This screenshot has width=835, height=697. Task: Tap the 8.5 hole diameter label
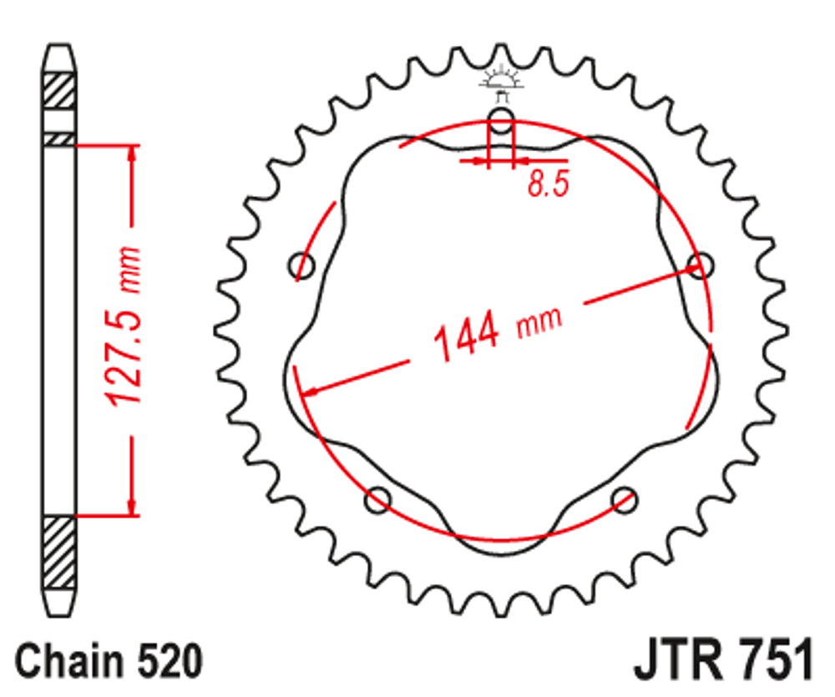tap(548, 183)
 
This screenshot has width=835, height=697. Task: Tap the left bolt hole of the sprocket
tap(301, 267)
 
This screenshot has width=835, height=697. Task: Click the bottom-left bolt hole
tap(377, 501)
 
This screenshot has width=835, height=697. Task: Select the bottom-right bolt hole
tap(624, 501)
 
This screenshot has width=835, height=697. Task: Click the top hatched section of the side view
tap(58, 89)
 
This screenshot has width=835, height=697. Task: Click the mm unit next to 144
tap(539, 321)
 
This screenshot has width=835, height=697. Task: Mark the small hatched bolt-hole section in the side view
tap(58, 139)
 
